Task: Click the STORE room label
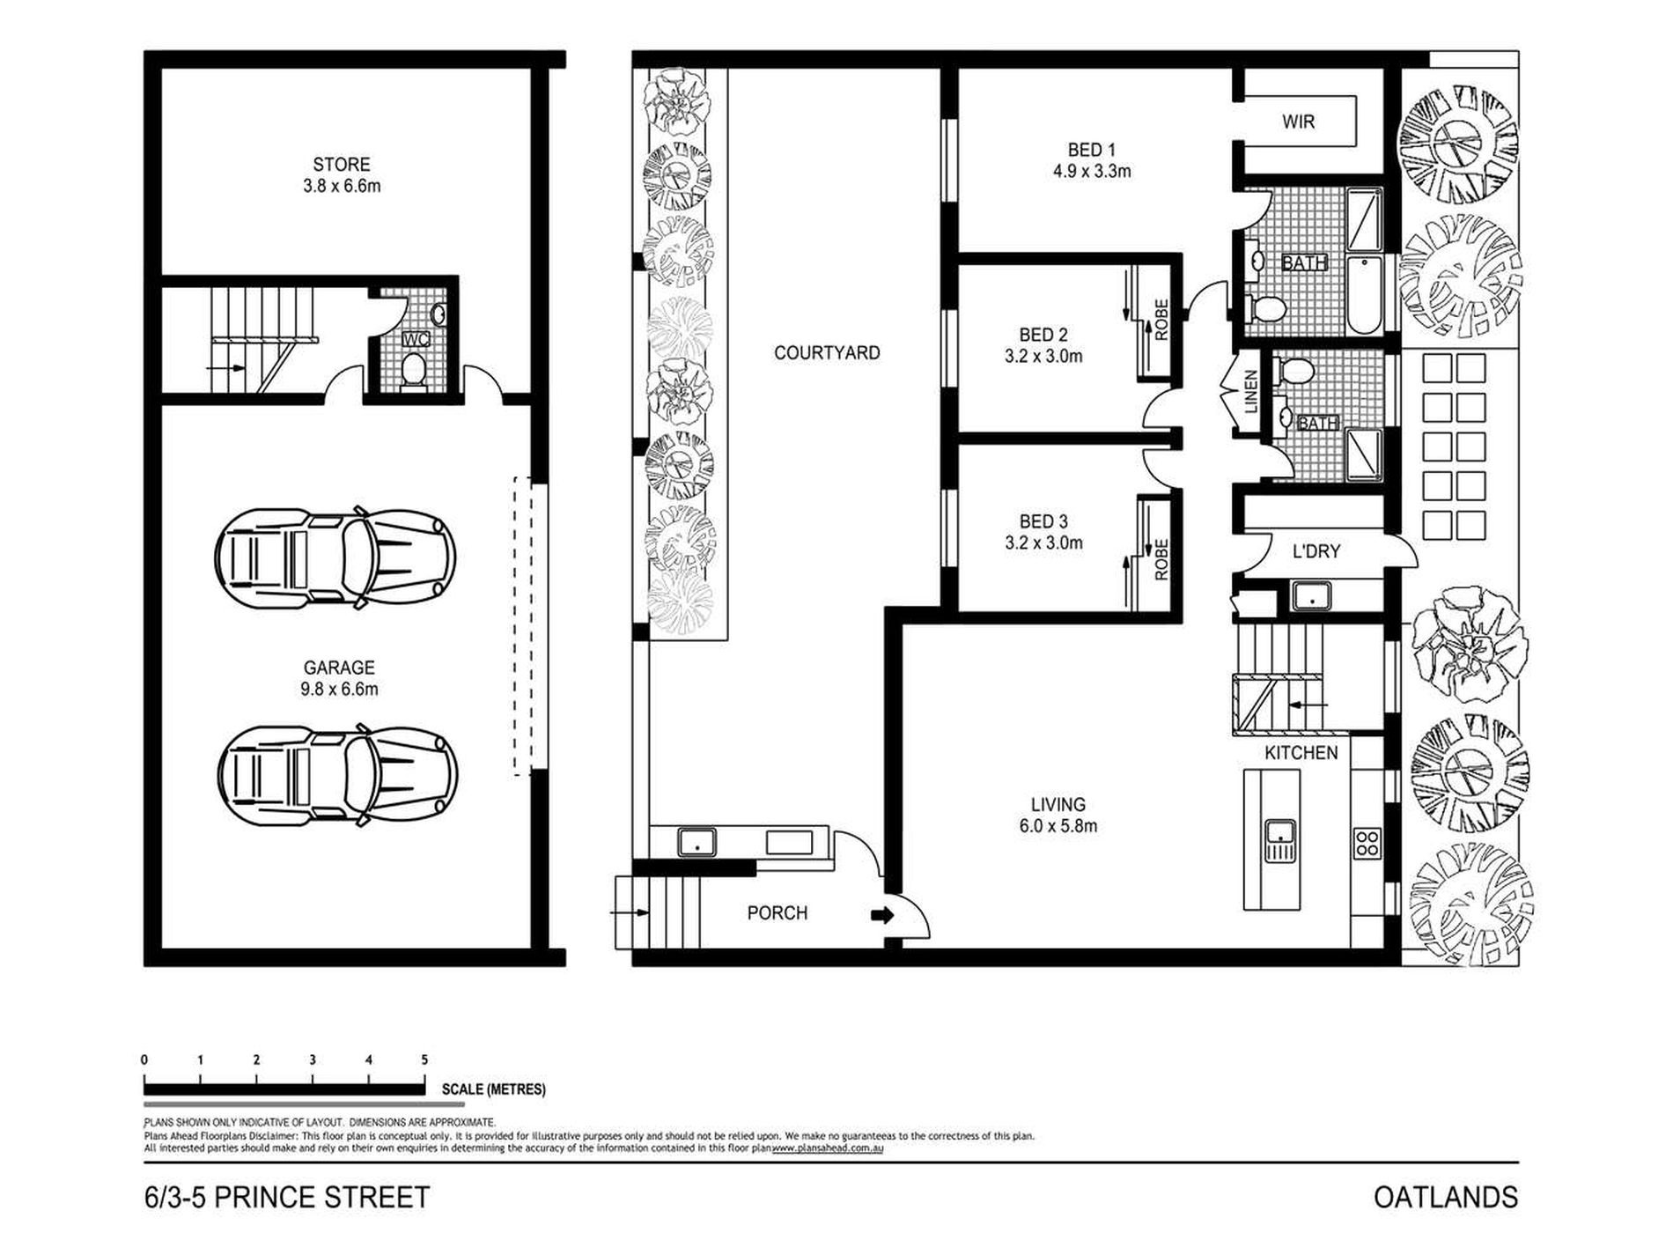pos(342,165)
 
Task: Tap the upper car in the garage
pos(336,557)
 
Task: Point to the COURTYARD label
pos(827,353)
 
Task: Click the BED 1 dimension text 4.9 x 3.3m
pos(1092,172)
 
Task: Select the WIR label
pos(1299,122)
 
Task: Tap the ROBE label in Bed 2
pos(1161,321)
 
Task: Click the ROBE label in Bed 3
pos(1161,560)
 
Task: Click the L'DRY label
pos(1316,551)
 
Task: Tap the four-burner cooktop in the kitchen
pos(1367,843)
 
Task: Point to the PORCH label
pos(778,913)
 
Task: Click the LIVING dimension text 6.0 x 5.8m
pos(1058,827)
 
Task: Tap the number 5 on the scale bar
pos(424,1060)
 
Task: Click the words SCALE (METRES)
pos(494,1089)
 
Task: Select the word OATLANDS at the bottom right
pos(1446,1198)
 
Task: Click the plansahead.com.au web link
pos(828,1148)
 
